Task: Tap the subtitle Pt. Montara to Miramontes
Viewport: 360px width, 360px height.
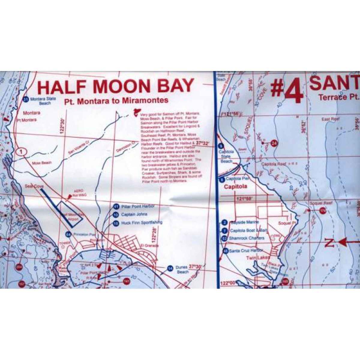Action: click(116, 100)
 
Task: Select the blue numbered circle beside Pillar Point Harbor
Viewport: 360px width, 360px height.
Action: click(116, 206)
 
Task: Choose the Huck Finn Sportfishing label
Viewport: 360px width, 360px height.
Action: click(142, 223)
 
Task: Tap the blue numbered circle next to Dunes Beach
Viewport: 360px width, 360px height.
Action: click(170, 268)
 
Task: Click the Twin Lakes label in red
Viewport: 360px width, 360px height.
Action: click(258, 257)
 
